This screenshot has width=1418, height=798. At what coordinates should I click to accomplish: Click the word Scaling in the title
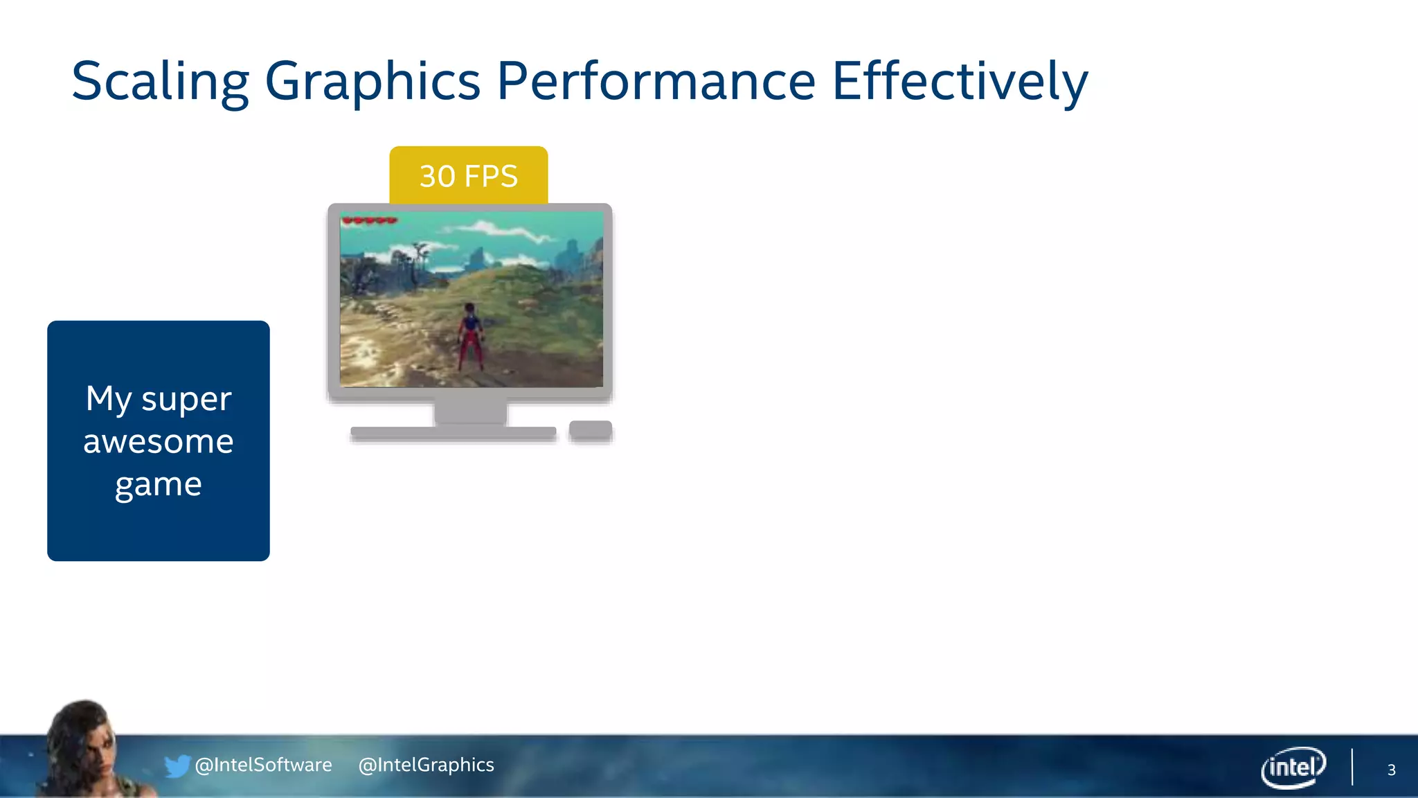pyautogui.click(x=160, y=82)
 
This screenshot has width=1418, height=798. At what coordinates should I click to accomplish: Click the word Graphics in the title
pyautogui.click(x=373, y=82)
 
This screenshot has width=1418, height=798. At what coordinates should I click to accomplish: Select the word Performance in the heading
pyautogui.click(x=656, y=82)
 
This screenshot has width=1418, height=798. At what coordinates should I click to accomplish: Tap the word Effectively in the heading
pyautogui.click(x=960, y=82)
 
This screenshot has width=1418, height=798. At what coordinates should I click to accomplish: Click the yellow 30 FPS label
pyautogui.click(x=469, y=176)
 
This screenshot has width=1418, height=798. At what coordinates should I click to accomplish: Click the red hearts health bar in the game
pyautogui.click(x=370, y=221)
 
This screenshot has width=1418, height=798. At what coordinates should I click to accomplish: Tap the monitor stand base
pyautogui.click(x=454, y=433)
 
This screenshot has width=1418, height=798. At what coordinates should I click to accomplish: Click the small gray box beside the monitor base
pyautogui.click(x=591, y=429)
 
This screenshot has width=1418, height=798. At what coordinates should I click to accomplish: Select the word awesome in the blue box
pyautogui.click(x=159, y=441)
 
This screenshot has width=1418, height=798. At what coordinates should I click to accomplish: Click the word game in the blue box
pyautogui.click(x=159, y=484)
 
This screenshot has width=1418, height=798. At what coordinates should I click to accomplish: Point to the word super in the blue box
pyautogui.click(x=186, y=398)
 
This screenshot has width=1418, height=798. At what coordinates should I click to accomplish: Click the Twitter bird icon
pyautogui.click(x=177, y=765)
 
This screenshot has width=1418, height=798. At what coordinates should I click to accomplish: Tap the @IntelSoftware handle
pyautogui.click(x=264, y=765)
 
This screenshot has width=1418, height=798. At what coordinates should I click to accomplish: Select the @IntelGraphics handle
pyautogui.click(x=427, y=765)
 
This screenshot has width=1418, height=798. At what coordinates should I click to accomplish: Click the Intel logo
pyautogui.click(x=1293, y=767)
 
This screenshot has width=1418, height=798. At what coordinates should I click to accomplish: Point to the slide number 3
pyautogui.click(x=1391, y=770)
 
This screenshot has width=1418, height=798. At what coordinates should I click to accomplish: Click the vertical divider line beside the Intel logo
pyautogui.click(x=1352, y=767)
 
